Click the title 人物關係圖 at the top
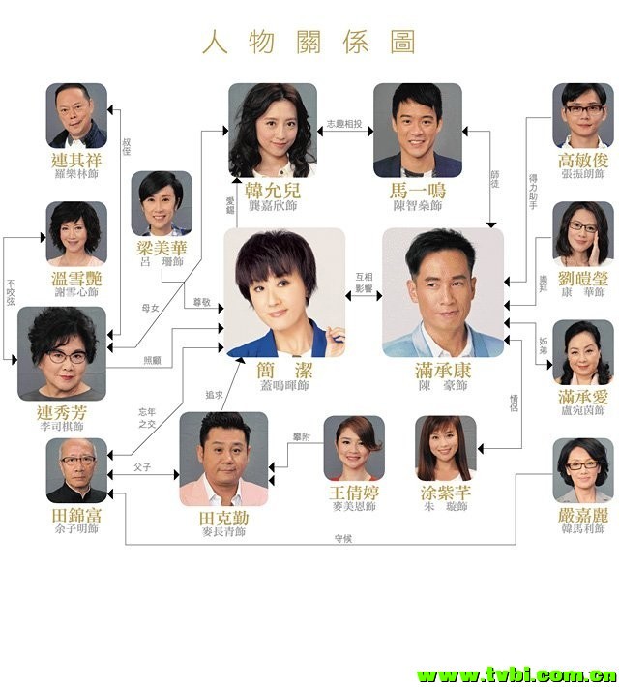coord(309,43)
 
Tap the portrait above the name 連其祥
coord(76,115)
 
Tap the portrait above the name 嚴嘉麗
coord(582,470)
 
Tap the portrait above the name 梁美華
coord(162,203)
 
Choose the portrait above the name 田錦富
coord(76,470)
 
